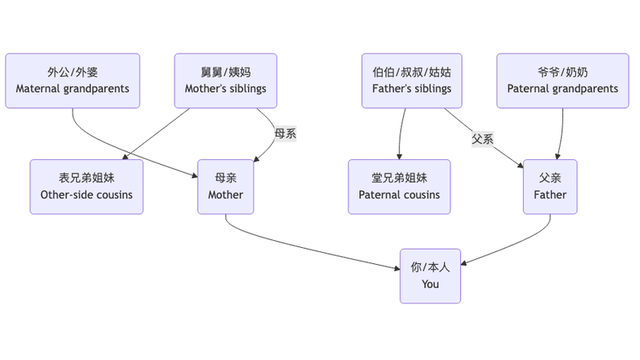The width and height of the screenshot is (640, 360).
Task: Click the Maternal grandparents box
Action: (73, 81)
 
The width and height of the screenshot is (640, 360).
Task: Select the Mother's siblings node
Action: (226, 81)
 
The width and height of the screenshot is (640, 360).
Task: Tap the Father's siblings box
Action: (412, 81)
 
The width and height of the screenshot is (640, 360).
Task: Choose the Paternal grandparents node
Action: (562, 81)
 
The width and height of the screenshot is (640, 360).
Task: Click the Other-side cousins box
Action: (86, 186)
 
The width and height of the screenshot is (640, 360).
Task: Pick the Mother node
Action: (226, 186)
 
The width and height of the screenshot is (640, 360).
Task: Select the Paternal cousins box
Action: (399, 186)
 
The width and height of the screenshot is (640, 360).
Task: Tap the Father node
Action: (550, 186)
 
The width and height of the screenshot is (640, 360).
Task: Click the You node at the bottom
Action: (430, 276)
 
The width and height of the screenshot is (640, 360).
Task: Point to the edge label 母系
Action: (286, 134)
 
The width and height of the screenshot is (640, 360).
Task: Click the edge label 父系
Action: (482, 138)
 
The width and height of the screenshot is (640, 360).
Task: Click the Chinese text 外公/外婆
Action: (73, 72)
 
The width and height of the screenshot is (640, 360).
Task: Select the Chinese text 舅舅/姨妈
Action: (226, 72)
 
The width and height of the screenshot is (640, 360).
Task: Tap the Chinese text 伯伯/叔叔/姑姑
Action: (412, 72)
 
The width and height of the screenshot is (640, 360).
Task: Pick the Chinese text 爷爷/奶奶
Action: (562, 72)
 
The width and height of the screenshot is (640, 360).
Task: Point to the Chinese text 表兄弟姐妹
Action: (86, 178)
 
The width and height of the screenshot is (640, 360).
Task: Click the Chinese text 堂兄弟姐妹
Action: (399, 178)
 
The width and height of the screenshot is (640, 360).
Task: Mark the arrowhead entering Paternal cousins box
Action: (399, 156)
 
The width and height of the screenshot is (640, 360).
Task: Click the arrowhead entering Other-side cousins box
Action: (126, 157)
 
